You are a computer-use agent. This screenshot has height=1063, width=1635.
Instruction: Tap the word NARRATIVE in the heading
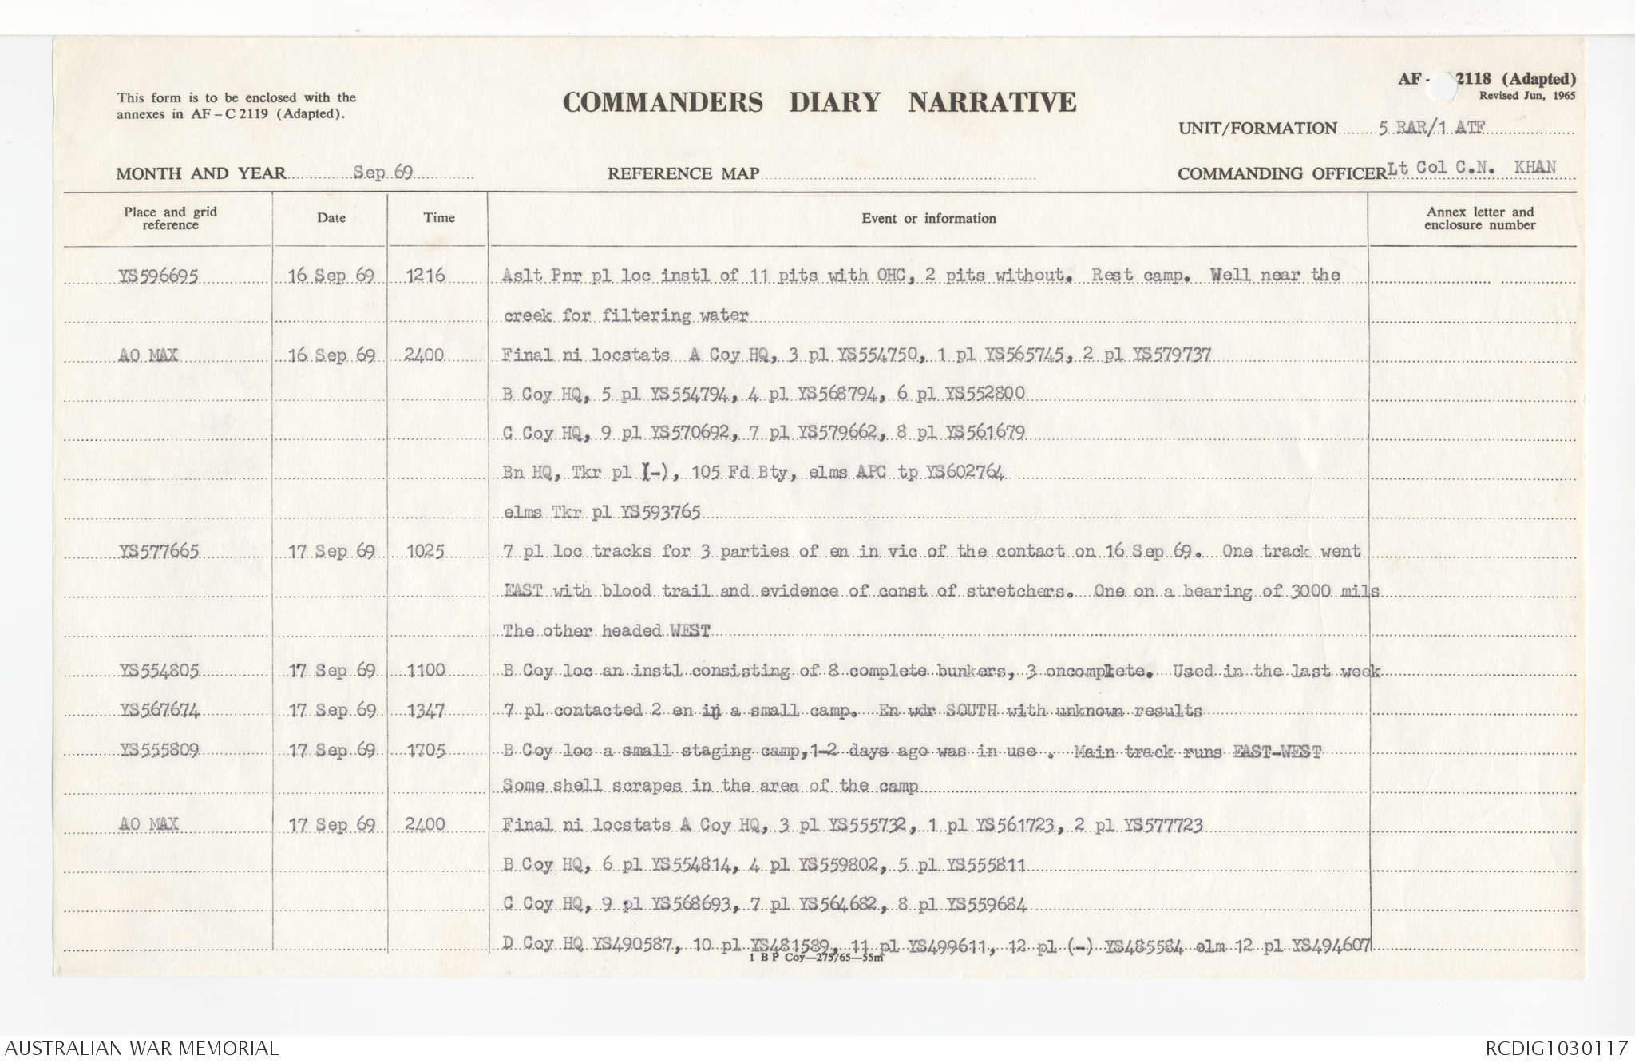[992, 102]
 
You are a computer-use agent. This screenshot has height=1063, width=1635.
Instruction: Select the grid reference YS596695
[158, 276]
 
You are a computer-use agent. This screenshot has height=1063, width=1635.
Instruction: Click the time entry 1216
[425, 276]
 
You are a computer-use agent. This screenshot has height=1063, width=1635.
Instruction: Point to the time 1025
[426, 551]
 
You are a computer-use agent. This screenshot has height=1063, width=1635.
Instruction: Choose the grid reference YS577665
[158, 551]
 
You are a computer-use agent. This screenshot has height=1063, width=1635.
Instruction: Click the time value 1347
[426, 710]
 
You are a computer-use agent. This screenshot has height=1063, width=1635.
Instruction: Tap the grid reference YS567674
[158, 710]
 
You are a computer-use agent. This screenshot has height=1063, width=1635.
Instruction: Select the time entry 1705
[426, 750]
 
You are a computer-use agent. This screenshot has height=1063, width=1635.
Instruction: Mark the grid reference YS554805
[158, 671]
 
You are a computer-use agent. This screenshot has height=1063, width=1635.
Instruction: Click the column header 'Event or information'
[928, 219]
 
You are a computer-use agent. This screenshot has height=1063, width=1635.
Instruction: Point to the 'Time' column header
[439, 218]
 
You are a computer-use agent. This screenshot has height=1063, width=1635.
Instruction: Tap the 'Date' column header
[331, 218]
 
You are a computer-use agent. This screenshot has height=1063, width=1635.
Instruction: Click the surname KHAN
[1534, 167]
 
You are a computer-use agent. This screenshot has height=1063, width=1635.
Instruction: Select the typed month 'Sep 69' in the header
[382, 173]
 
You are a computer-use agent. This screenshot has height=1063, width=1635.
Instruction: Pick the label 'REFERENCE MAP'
[683, 173]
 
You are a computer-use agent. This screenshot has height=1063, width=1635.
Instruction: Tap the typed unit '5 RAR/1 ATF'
[1430, 128]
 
